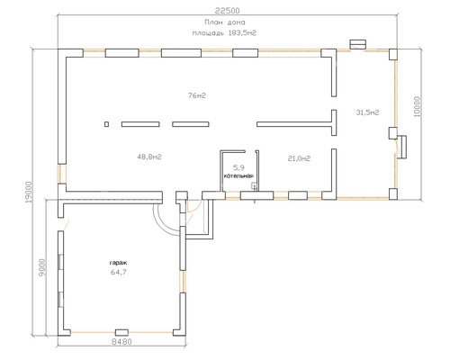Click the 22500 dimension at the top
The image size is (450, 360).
[228, 11]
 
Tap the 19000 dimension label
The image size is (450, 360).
[29, 192]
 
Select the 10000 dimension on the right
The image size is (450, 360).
[418, 106]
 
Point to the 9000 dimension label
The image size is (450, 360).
[42, 267]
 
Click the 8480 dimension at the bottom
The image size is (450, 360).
[121, 341]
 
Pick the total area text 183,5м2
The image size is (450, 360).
[243, 33]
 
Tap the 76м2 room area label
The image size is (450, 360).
[197, 95]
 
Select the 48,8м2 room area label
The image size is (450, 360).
[149, 157]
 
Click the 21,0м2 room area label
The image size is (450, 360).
[299, 158]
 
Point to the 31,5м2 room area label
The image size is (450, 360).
[367, 112]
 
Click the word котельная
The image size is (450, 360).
[239, 176]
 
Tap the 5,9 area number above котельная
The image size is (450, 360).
[239, 167]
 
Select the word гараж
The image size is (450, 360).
[118, 263]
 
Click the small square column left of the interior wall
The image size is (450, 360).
[106, 124]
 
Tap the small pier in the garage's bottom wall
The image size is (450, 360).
[122, 332]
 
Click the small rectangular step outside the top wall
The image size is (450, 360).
[358, 44]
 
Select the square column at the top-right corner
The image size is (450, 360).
[393, 55]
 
